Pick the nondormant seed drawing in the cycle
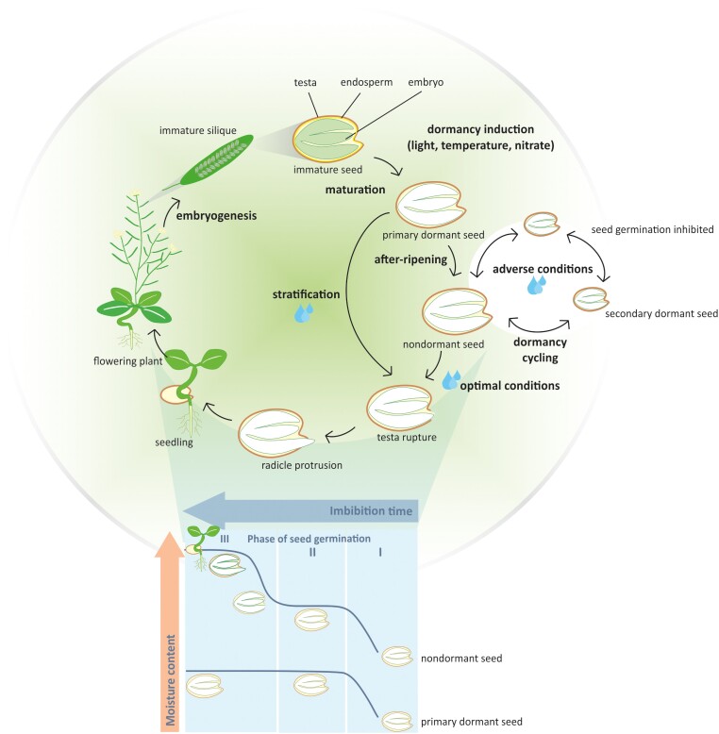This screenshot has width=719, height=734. coord(455,308)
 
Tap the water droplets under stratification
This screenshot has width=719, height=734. coord(305,313)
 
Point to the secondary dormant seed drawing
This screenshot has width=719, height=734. coord(591,297)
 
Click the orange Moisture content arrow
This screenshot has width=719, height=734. coord(170,632)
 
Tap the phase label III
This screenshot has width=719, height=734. coord(226,539)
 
